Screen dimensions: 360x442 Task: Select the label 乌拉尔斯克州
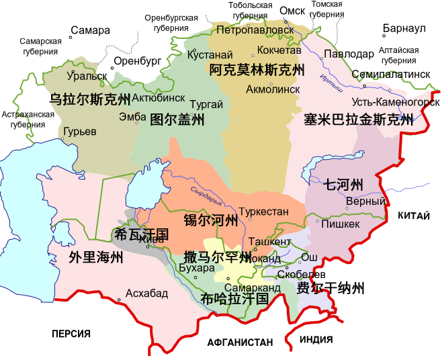click(91, 101)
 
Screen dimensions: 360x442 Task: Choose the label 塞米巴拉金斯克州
click(359, 120)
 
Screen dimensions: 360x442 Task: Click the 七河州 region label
click(343, 184)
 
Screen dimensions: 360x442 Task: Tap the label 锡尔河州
click(211, 220)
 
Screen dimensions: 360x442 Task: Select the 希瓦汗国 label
click(142, 234)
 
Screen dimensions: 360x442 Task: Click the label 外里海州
click(95, 257)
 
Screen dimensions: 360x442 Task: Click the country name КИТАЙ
click(415, 216)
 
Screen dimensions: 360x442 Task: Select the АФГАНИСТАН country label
click(240, 341)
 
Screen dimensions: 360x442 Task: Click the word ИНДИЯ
click(316, 339)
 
